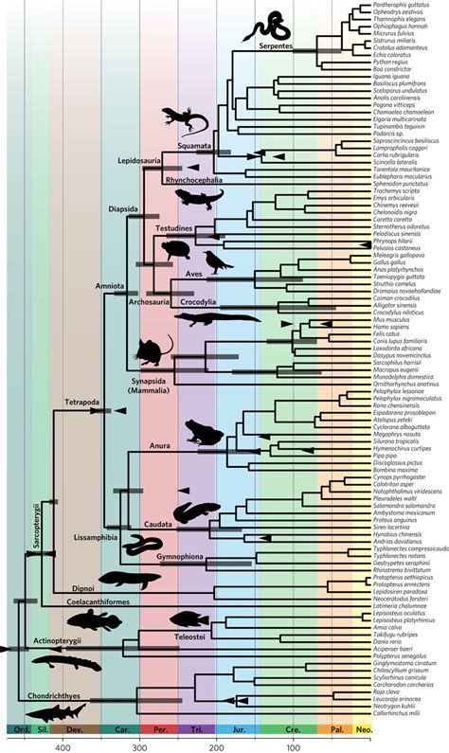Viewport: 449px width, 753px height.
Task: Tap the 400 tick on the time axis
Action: [63, 746]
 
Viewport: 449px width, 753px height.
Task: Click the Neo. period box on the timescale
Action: [362, 730]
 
